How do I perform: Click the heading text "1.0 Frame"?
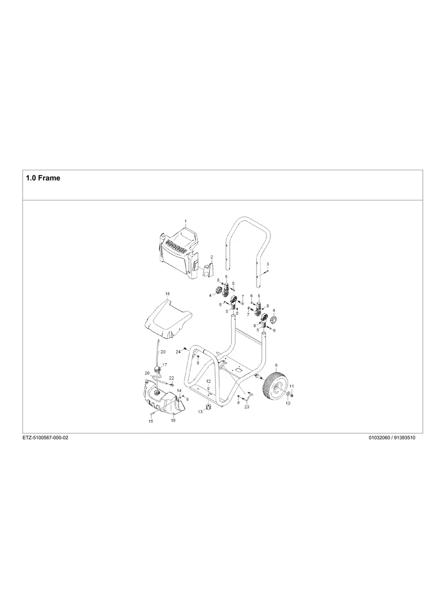(43, 178)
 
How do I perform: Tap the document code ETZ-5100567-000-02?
(45, 438)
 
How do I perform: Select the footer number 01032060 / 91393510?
(392, 438)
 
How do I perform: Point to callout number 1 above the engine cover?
(186, 222)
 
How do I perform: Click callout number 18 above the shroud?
(167, 294)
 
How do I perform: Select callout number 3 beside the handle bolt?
(267, 264)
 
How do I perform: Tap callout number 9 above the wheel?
(276, 366)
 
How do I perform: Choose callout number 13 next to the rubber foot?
(201, 411)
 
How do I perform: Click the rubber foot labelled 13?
(208, 408)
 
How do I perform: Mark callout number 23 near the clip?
(247, 407)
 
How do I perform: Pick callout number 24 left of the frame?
(178, 352)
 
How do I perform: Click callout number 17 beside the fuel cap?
(165, 365)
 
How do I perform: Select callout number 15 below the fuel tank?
(151, 421)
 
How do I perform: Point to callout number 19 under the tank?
(173, 420)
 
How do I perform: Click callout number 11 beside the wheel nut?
(292, 386)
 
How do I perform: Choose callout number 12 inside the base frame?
(208, 381)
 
